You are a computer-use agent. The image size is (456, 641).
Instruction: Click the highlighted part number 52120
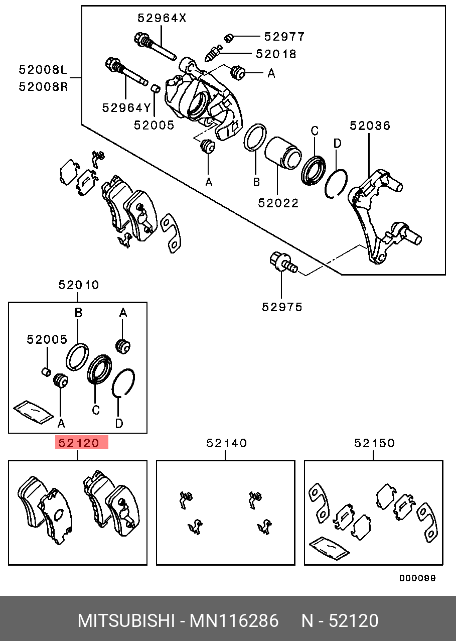pos(81,443)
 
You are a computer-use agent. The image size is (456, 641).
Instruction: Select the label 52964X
pos(162,19)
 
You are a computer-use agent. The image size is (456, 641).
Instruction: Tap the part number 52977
pos(284,37)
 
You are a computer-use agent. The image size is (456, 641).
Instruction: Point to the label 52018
pos(276,54)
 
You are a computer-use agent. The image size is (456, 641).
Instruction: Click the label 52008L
pos(43,70)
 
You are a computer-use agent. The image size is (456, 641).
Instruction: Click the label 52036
pos(370,125)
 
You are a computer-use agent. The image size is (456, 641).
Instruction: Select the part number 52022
pos(278,203)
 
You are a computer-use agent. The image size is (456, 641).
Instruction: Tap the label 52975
pos(282,307)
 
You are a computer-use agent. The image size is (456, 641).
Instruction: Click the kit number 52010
pos(79,285)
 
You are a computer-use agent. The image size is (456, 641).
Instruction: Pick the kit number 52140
pos(227,443)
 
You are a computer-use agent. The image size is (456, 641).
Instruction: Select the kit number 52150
pos(374,443)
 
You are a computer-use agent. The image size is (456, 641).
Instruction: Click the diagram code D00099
pos(417,578)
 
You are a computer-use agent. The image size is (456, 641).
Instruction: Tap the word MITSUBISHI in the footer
pos(125,621)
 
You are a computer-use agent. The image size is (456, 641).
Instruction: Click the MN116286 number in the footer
pos(233,621)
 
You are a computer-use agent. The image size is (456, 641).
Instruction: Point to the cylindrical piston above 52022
pos(282,154)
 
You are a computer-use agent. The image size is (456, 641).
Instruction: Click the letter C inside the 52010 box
pos(95,410)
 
